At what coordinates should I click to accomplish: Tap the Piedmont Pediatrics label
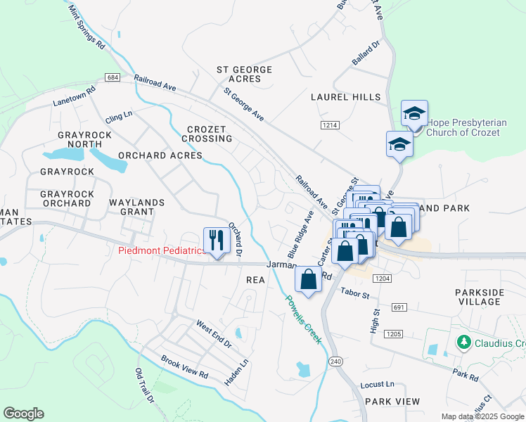pos(161,250)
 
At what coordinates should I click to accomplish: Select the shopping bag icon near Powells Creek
pos(309,279)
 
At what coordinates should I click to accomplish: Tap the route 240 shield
pos(335,362)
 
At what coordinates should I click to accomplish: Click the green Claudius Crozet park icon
pos(463,343)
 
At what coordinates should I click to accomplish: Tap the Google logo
pos(23,414)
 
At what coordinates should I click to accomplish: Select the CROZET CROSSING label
pos(210,134)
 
